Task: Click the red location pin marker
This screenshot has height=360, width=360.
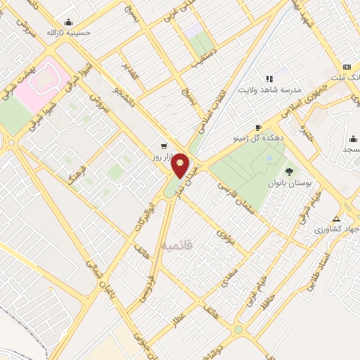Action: pos(181,165)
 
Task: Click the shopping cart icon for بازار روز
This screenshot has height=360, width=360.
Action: pos(164,146)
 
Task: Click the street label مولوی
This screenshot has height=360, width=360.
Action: pos(225,229)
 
